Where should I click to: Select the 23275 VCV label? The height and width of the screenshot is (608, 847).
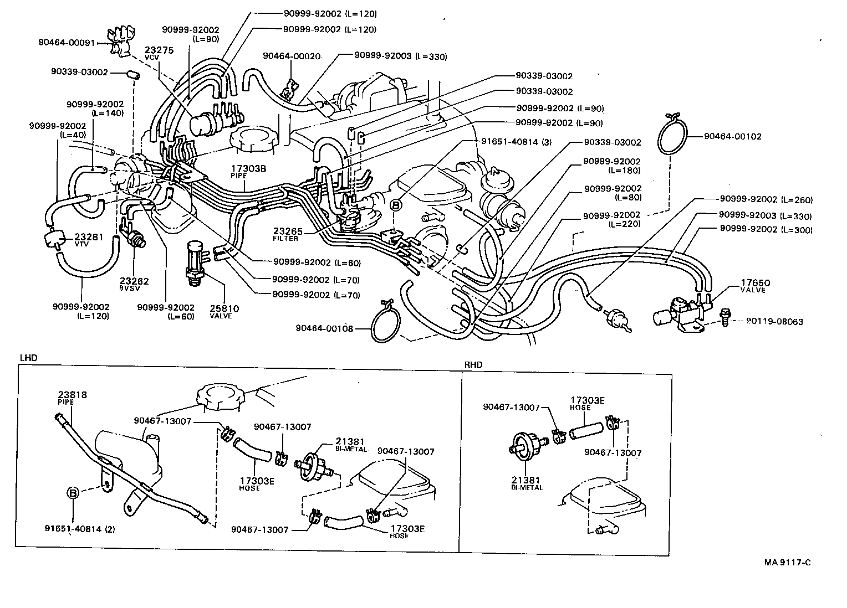(x=159, y=53)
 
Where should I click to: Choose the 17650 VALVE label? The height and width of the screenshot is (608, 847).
(x=755, y=286)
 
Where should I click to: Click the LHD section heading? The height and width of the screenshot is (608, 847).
(x=28, y=358)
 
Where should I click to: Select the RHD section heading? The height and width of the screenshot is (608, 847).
(x=473, y=364)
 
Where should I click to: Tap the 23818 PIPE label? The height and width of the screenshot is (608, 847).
(x=72, y=398)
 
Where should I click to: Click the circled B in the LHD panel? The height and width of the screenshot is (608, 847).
(x=73, y=493)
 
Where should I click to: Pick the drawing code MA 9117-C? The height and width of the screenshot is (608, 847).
(x=788, y=563)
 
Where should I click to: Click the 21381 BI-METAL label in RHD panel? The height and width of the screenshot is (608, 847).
(x=527, y=483)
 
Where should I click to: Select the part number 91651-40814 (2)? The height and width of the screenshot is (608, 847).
(x=80, y=529)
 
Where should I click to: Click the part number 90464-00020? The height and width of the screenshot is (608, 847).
(x=292, y=56)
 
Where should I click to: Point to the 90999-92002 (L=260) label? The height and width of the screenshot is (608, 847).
(x=766, y=199)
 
